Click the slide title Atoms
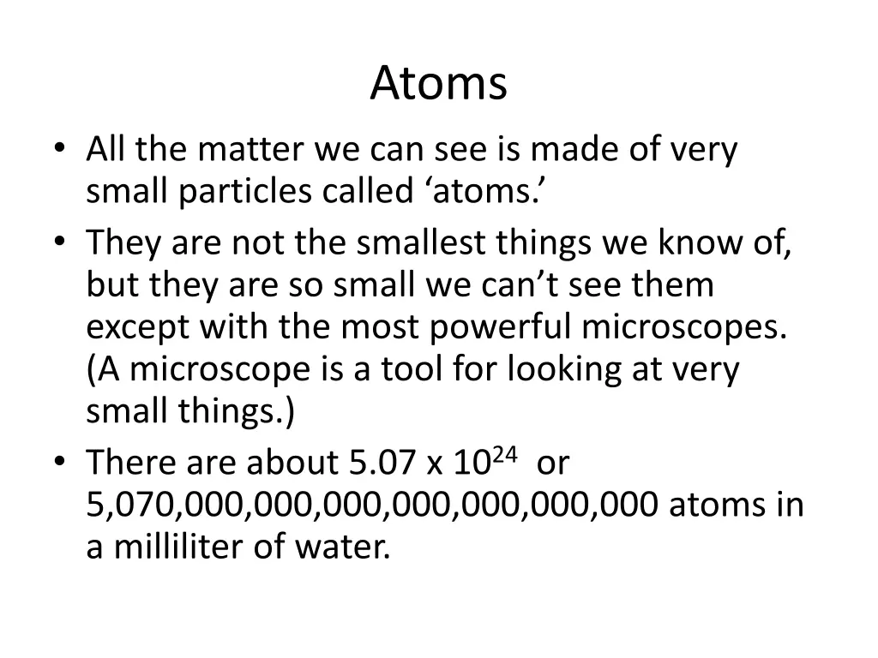pos(439,84)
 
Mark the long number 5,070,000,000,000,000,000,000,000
pos(372,505)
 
